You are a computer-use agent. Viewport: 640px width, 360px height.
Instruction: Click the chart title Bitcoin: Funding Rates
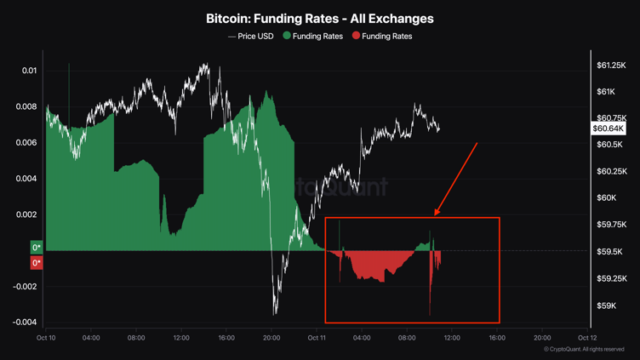click(319, 18)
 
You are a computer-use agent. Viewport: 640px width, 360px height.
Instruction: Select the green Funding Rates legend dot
click(287, 37)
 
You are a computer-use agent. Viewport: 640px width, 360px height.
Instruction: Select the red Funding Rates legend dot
click(357, 37)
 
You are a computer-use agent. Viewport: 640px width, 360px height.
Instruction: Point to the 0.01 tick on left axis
click(29, 71)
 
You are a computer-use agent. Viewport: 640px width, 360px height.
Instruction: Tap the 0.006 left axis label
click(27, 143)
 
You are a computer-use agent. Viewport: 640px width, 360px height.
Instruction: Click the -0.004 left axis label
click(25, 322)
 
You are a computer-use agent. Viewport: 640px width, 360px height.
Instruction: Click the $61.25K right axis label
click(612, 66)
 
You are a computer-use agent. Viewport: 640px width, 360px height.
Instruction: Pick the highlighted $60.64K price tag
click(609, 129)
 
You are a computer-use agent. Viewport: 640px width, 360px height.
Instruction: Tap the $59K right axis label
click(606, 306)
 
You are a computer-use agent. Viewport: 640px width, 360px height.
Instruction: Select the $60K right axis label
click(606, 198)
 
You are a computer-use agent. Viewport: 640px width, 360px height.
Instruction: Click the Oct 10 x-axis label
click(46, 338)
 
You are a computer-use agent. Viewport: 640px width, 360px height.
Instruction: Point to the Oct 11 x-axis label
click(317, 338)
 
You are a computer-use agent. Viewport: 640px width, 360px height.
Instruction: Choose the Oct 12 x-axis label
click(587, 338)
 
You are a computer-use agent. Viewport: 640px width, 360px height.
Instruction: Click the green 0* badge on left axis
click(37, 248)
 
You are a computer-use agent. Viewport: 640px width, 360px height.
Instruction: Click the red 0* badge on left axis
click(37, 263)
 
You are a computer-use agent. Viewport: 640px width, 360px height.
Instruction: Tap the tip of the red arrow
click(436, 214)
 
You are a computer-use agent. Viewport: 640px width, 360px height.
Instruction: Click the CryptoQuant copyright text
click(584, 350)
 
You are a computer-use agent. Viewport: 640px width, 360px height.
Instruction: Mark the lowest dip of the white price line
click(275, 314)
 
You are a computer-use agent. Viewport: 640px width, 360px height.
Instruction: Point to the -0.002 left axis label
click(25, 286)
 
